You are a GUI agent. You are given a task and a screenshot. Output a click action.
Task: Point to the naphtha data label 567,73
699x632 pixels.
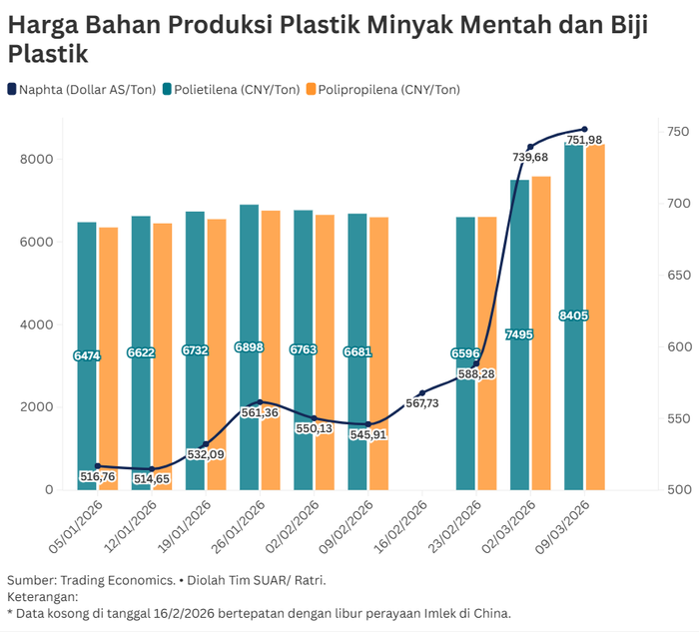423,403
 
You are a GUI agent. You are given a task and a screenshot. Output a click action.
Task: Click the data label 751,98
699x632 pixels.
584,141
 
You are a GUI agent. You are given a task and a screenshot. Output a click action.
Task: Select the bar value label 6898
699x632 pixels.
249,346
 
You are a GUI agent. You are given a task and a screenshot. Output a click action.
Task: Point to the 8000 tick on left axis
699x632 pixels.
35,159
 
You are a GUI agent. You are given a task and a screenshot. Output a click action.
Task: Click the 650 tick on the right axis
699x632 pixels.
678,275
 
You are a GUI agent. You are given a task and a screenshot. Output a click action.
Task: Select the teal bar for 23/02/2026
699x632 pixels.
465,419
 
